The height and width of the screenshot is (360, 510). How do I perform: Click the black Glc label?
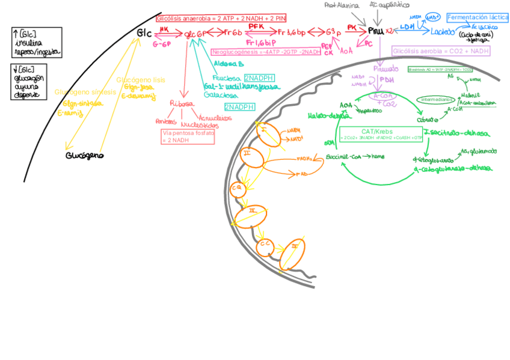coord(144,32)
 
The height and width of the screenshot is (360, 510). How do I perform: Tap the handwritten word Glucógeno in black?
coord(84,155)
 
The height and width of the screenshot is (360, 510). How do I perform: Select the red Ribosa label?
coord(182,103)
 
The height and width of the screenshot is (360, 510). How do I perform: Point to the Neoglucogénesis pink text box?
coord(266,52)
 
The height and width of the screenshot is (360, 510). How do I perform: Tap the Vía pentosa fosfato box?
coord(188,136)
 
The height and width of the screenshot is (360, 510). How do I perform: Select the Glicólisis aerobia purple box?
coord(441,52)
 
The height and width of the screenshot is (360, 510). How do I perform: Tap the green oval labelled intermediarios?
coord(438,99)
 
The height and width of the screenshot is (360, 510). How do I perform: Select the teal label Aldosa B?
coord(229,64)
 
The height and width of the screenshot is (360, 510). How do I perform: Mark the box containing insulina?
coord(36,43)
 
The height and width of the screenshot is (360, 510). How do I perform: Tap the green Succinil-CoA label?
coord(343,156)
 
